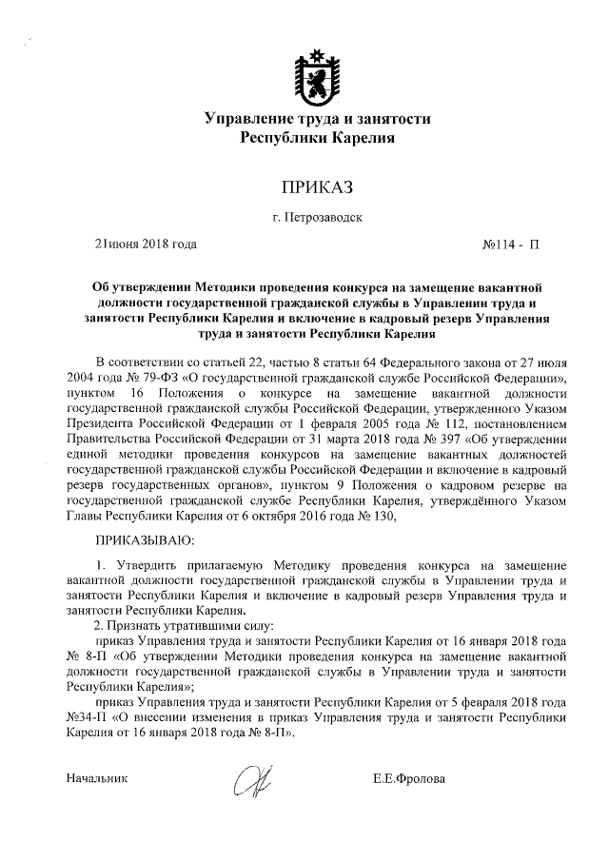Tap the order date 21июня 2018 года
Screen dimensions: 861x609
[x=145, y=245]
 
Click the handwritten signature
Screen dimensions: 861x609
[x=252, y=779]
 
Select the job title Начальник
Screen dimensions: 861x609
[x=95, y=779]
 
